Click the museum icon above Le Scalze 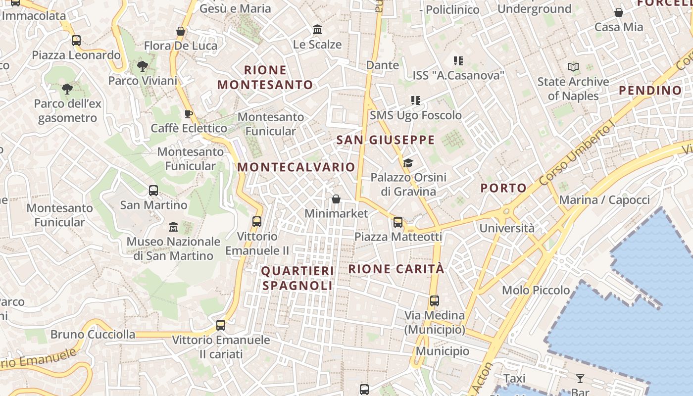(317, 30)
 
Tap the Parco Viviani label (143, 81)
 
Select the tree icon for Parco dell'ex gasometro (67, 89)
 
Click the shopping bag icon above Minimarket (336, 199)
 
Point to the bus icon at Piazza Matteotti (398, 222)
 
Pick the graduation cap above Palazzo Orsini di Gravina (408, 163)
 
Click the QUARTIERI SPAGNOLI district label (297, 278)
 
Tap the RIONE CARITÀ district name (396, 269)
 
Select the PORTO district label (503, 188)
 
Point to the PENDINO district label (650, 91)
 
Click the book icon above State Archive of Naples (573, 67)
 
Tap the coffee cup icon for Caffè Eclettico (188, 114)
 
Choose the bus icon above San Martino (153, 191)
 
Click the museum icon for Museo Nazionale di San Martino (173, 227)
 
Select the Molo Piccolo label (536, 290)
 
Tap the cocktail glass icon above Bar (580, 379)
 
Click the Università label (507, 228)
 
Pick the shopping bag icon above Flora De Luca (181, 31)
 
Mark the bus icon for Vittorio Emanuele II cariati (221, 325)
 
